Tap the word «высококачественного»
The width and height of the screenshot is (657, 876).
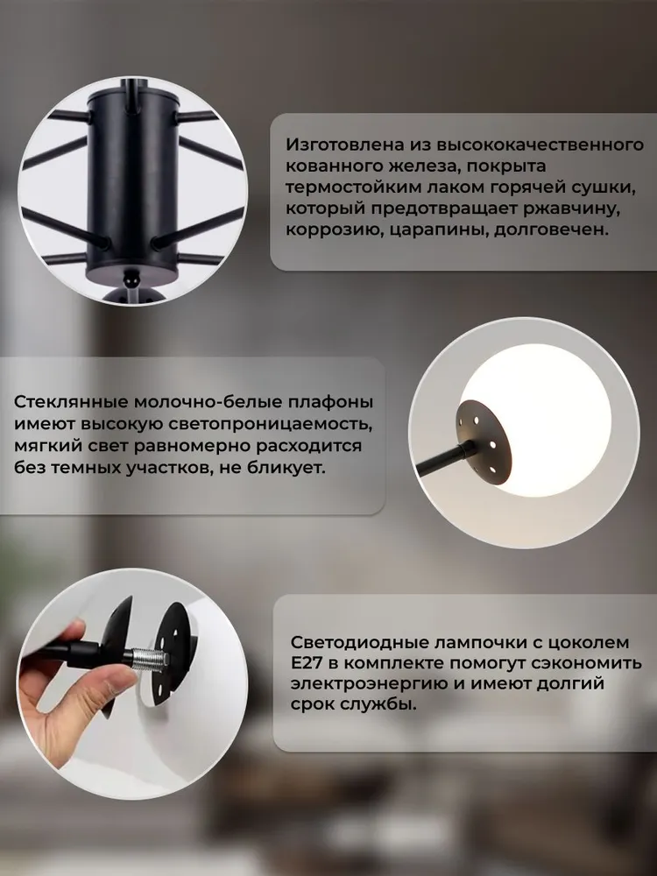point(540,145)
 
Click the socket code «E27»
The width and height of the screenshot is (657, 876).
point(307,664)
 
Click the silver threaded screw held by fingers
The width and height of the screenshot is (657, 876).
point(148,659)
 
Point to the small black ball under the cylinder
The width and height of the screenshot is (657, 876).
point(132,277)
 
